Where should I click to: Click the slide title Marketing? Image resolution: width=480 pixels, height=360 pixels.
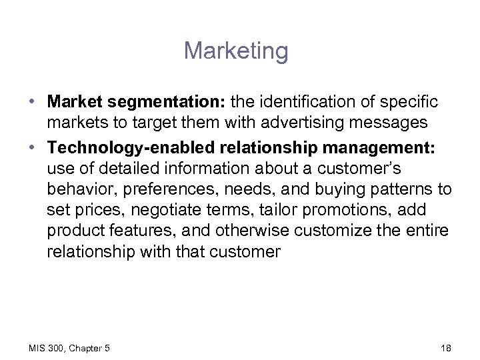[237, 51]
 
